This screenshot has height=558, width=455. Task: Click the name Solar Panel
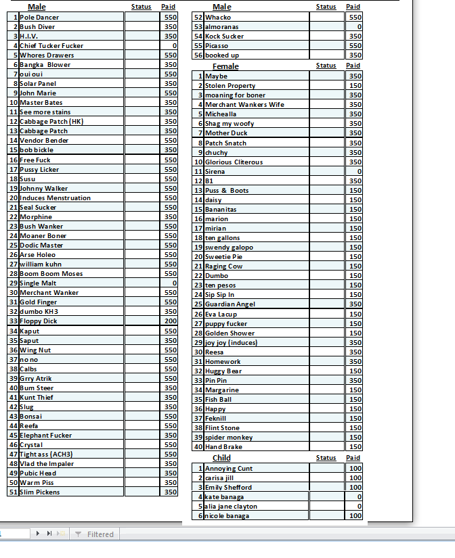point(38,84)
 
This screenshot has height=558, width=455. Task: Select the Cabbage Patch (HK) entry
point(51,122)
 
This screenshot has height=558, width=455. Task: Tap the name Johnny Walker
point(43,189)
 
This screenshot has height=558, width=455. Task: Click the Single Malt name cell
point(39,283)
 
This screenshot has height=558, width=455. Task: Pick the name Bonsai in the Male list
point(31,417)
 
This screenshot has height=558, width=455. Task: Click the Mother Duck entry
point(226,133)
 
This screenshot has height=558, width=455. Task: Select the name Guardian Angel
point(230,304)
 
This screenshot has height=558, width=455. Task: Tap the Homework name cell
point(223,362)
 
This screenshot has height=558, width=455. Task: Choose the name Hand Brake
point(223,447)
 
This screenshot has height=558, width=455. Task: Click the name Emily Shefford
point(228,488)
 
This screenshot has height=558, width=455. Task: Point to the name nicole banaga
point(227,516)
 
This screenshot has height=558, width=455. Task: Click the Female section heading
point(225,66)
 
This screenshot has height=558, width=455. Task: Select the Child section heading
point(221,459)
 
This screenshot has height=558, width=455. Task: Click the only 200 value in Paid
point(170,321)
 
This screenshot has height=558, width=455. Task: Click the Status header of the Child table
point(326,458)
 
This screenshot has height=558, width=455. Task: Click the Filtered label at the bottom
point(100,534)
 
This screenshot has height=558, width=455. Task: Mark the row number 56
point(198,55)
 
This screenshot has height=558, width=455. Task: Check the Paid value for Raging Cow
point(355,266)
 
